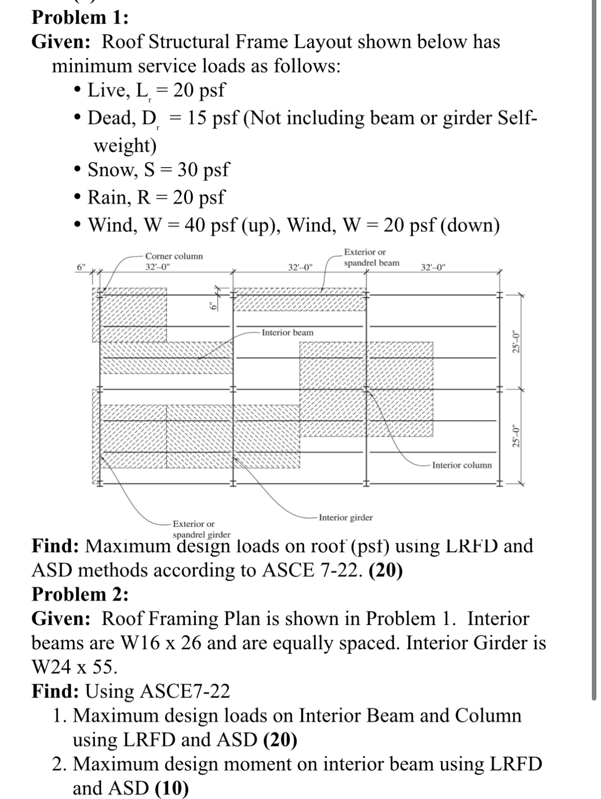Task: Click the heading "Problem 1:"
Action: click(80, 17)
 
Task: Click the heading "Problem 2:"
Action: click(80, 594)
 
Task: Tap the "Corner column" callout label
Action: click(174, 256)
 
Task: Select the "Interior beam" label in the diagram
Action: click(288, 332)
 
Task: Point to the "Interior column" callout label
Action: click(462, 465)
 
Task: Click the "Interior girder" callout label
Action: click(346, 518)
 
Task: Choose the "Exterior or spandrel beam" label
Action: click(371, 257)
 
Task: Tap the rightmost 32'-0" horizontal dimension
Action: click(433, 267)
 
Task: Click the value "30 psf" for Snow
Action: click(203, 169)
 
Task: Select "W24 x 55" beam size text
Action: click(74, 666)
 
